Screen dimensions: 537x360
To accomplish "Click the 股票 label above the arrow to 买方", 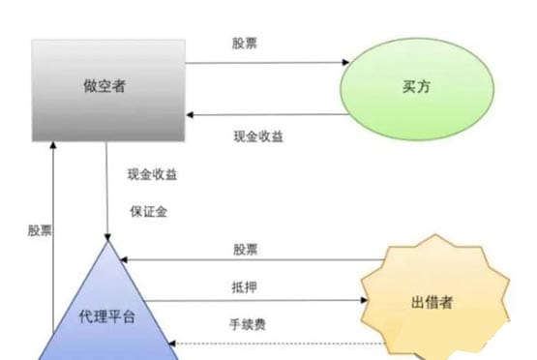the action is click(245, 44).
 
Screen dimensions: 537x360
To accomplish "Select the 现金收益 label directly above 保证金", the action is click(151, 175).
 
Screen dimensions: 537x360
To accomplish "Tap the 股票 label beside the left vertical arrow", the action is click(40, 230).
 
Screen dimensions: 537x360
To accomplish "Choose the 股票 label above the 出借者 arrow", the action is click(245, 249).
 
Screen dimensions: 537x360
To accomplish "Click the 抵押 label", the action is click(245, 286).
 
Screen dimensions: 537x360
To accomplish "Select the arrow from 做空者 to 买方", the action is click(266, 64).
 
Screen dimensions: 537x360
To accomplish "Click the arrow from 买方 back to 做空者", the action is click(266, 114).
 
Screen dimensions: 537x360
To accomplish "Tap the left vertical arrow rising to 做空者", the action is click(54, 242).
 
